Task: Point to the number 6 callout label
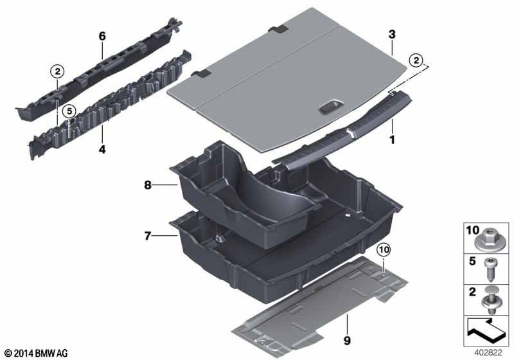point(102,37)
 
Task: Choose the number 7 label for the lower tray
point(148,237)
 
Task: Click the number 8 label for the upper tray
point(148,185)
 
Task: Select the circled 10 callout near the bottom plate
point(383,248)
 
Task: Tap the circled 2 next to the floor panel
point(417,61)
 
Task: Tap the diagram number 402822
point(491,352)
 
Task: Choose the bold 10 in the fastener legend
point(473,230)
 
